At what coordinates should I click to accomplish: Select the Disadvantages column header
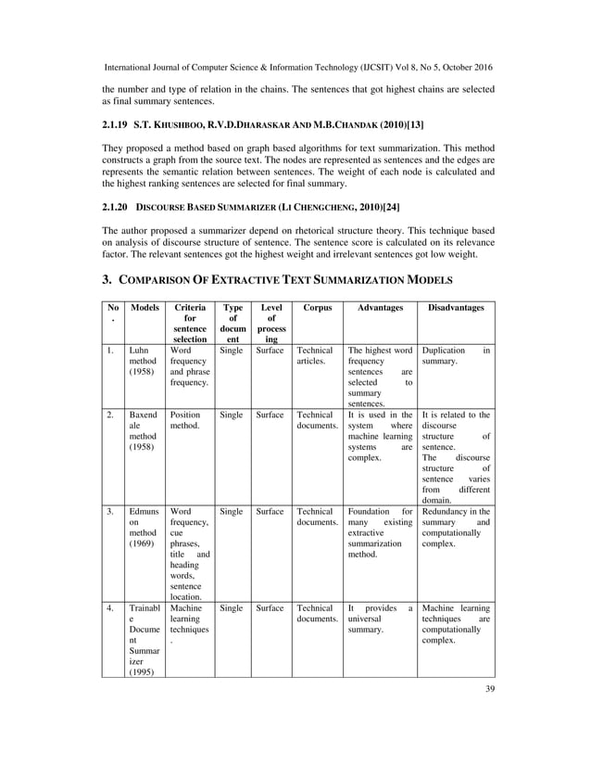click(x=457, y=306)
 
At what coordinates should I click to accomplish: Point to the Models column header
click(x=144, y=306)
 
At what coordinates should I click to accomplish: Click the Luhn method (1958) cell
click(x=144, y=364)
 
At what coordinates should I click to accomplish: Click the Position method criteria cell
click(x=185, y=421)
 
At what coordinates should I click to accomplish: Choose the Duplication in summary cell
click(x=457, y=358)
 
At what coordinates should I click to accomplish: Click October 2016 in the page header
click(x=459, y=68)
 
